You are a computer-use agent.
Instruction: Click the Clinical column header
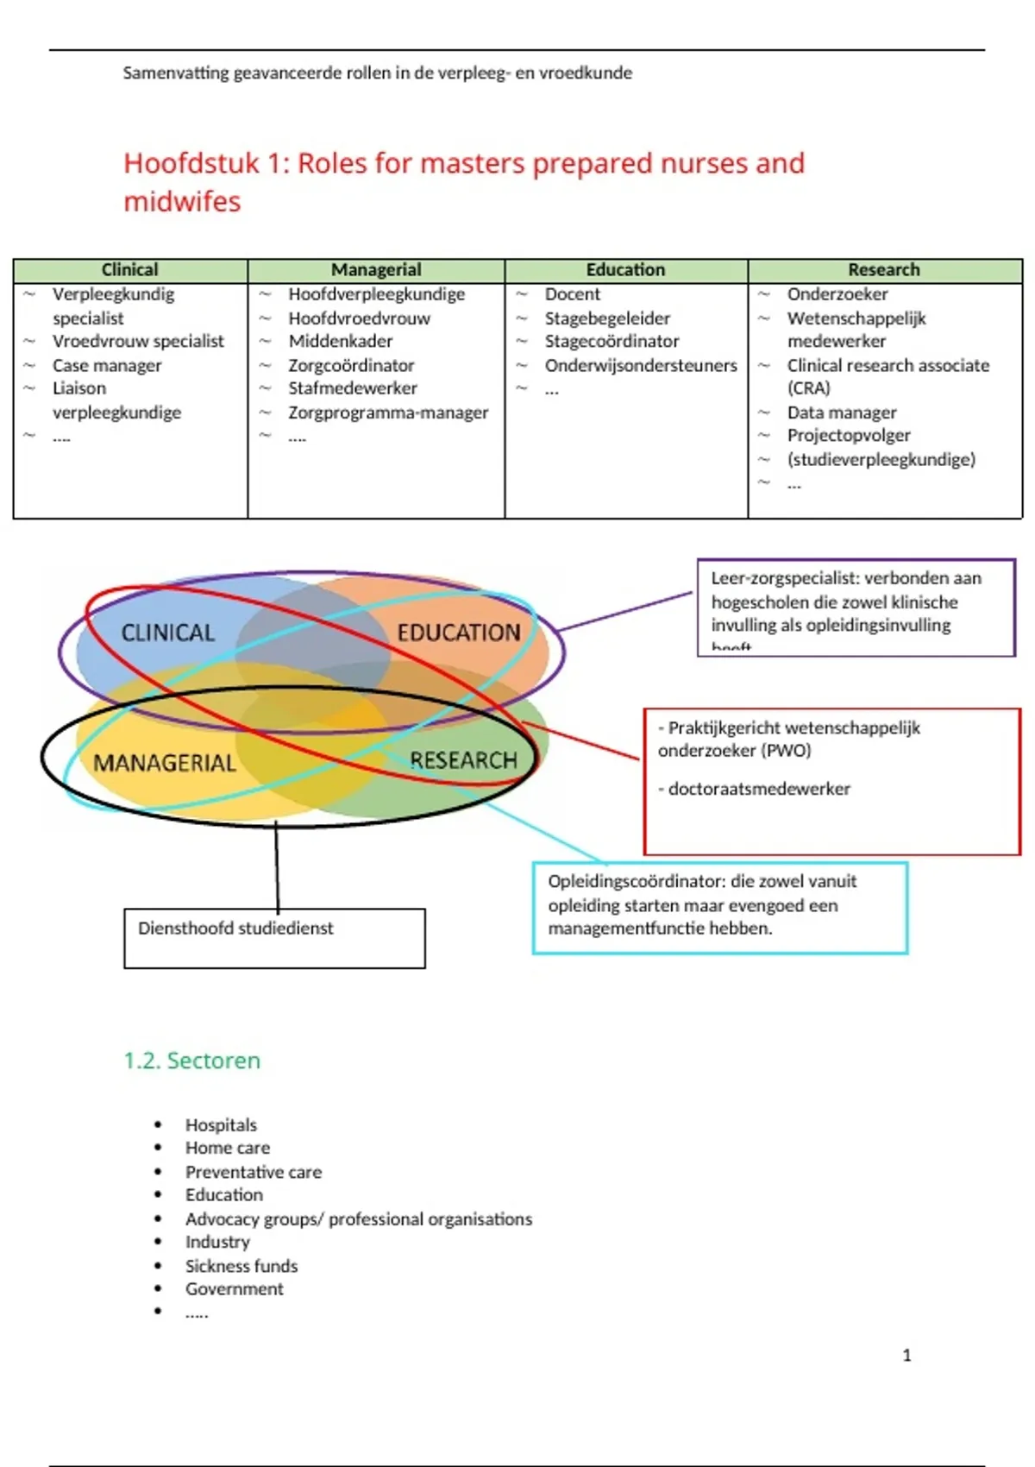(129, 270)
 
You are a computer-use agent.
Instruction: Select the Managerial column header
(376, 270)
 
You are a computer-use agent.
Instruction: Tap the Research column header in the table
(884, 270)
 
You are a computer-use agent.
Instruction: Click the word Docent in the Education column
(572, 294)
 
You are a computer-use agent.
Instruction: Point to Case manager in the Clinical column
(107, 366)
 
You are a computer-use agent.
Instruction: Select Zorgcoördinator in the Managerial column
(351, 366)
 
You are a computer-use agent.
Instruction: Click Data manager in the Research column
(842, 413)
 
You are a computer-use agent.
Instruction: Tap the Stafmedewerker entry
(353, 389)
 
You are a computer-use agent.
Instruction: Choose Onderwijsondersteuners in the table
(641, 366)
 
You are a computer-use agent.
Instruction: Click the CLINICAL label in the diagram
(167, 633)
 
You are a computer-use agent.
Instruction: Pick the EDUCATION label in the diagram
(459, 633)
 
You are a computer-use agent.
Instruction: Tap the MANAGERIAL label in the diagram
(164, 764)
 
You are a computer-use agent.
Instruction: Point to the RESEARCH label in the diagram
(464, 760)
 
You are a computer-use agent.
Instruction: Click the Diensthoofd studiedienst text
(235, 929)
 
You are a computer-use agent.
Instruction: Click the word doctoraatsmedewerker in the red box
(759, 789)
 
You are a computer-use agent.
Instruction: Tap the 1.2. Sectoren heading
(191, 1061)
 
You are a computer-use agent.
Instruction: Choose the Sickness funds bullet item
(241, 1266)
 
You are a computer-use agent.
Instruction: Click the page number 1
(906, 1356)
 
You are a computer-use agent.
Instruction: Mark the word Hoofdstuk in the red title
(191, 163)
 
